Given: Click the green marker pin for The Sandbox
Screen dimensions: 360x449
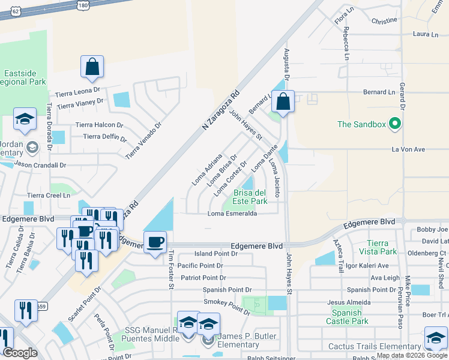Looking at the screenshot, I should point(394,124).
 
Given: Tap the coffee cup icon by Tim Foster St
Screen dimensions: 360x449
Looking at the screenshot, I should point(155,242).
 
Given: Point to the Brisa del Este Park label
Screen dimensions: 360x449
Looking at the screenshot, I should point(250,197).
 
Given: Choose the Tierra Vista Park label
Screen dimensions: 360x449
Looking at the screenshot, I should point(382,247).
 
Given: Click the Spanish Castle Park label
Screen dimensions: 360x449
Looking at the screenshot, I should point(346,317).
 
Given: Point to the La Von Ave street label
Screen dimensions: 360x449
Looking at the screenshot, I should point(408,149).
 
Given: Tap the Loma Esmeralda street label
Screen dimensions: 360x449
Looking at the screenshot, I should point(232,214).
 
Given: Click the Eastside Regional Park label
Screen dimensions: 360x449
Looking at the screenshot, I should point(24,77).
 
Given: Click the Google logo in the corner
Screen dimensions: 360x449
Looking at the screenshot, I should point(20,353).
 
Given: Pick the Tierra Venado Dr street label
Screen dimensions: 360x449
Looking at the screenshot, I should point(144,142).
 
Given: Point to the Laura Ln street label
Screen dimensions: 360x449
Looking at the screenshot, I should point(426,35).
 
